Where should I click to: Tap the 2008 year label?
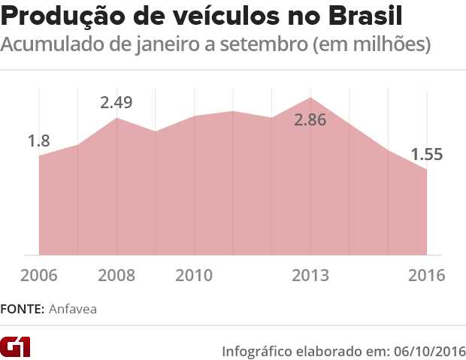click(116, 275)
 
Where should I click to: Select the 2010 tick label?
click(194, 275)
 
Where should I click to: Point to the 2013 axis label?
click(310, 275)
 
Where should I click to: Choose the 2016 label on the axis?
click(426, 275)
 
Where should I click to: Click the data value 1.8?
click(38, 141)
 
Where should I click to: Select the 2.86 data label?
click(310, 119)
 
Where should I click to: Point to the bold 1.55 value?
click(426, 155)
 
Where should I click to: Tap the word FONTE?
click(22, 309)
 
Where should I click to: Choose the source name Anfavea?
click(73, 309)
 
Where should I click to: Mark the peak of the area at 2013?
click(310, 98)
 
